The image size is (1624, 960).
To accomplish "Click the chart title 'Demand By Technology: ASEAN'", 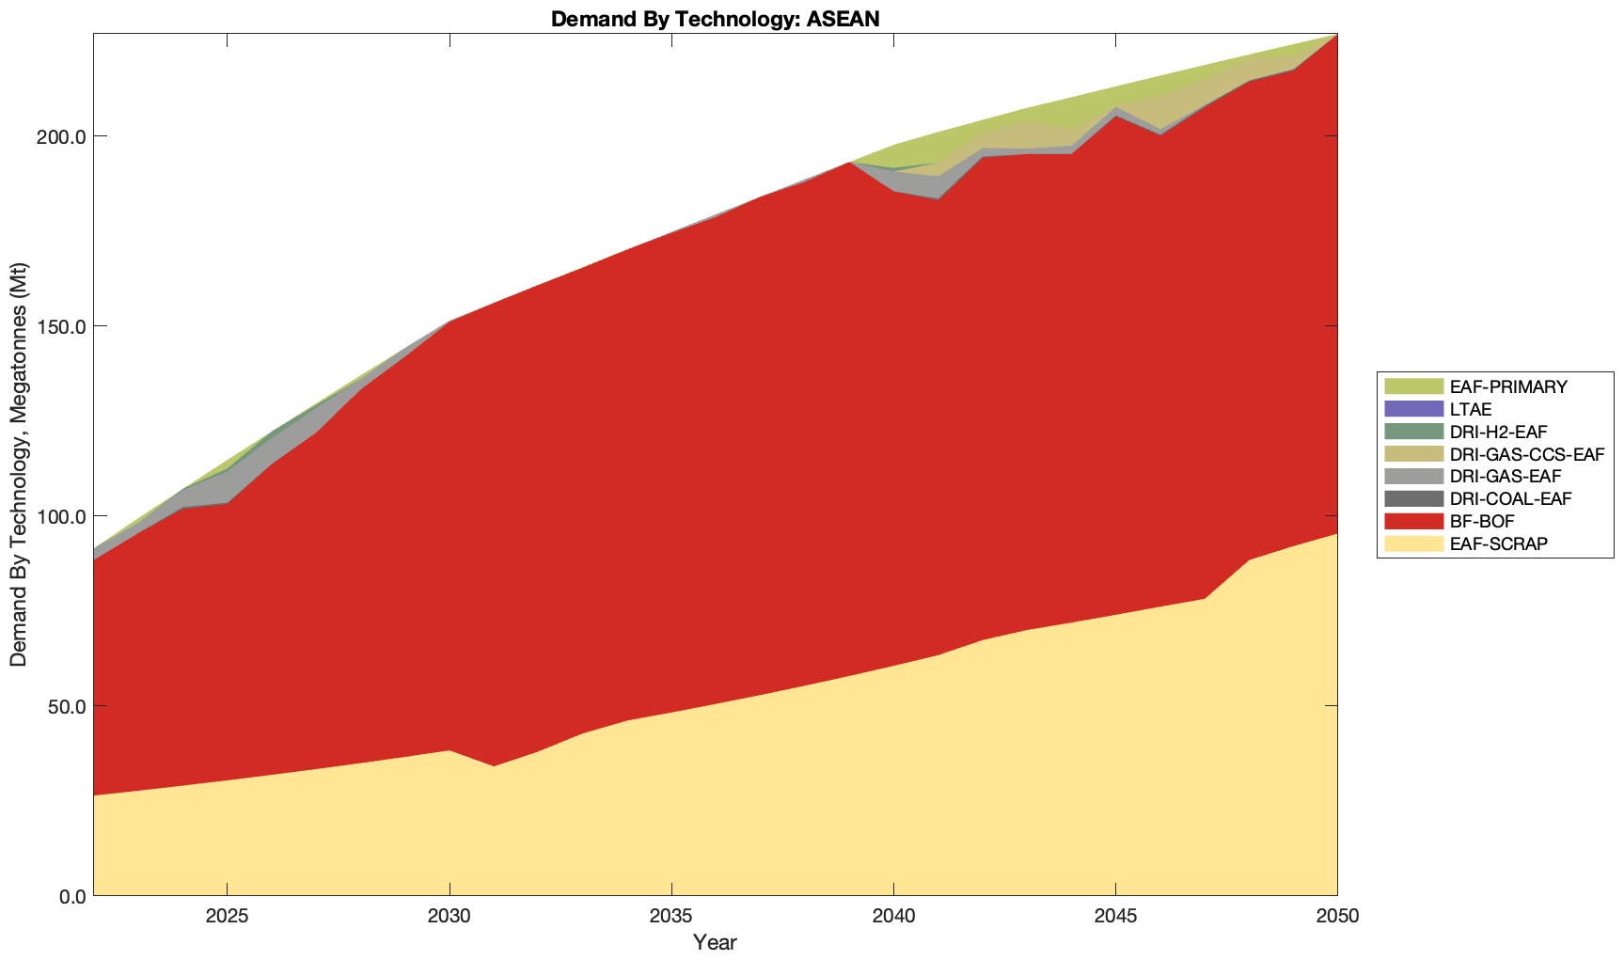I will point(715,18).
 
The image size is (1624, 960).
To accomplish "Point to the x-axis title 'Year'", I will point(715,942).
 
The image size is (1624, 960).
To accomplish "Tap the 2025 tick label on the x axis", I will point(227,917).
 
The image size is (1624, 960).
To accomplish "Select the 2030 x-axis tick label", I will point(449,917).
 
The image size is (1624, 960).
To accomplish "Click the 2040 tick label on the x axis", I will point(893,917).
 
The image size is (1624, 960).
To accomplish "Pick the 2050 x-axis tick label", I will point(1337,917).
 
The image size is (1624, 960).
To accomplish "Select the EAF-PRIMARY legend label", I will point(1508,386).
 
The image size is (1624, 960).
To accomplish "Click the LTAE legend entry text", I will point(1471,409).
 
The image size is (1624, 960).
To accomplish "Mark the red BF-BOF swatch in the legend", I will point(1412,521).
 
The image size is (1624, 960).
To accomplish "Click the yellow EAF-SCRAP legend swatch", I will point(1412,543).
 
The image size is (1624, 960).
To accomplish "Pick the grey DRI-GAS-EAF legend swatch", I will point(1412,476).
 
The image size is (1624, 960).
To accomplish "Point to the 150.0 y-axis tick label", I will point(63,326).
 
